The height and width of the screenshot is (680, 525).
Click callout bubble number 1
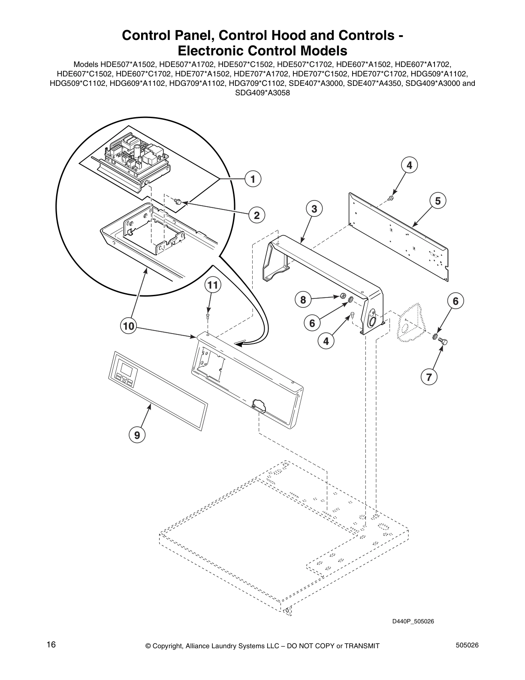pyautogui.click(x=253, y=179)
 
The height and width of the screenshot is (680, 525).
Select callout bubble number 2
pyautogui.click(x=256, y=215)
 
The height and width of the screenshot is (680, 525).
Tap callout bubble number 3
pyautogui.click(x=314, y=209)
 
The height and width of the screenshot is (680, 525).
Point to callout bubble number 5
pyautogui.click(x=437, y=200)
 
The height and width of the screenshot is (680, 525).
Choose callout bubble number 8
pyautogui.click(x=303, y=299)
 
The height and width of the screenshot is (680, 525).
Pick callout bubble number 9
pyautogui.click(x=137, y=435)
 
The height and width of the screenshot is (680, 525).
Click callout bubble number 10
pyautogui.click(x=128, y=326)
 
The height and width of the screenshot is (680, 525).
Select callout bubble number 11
pyautogui.click(x=213, y=284)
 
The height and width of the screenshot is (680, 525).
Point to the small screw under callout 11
pyautogui.click(x=208, y=316)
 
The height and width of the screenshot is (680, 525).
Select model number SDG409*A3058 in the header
pyautogui.click(x=262, y=92)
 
